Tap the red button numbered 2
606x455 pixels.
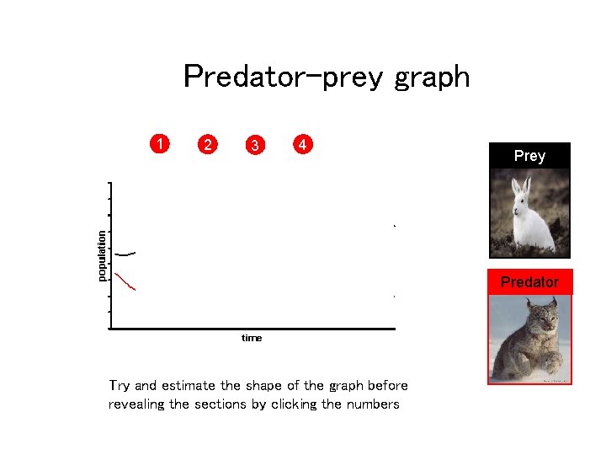[x=207, y=144]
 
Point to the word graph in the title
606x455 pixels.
[x=432, y=78]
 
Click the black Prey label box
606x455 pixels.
[x=529, y=156]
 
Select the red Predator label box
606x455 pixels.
[x=529, y=282]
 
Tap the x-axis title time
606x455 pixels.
[x=252, y=338]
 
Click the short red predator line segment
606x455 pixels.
[x=125, y=282]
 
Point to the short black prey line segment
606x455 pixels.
[x=125, y=254]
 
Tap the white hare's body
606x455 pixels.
[x=534, y=227]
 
